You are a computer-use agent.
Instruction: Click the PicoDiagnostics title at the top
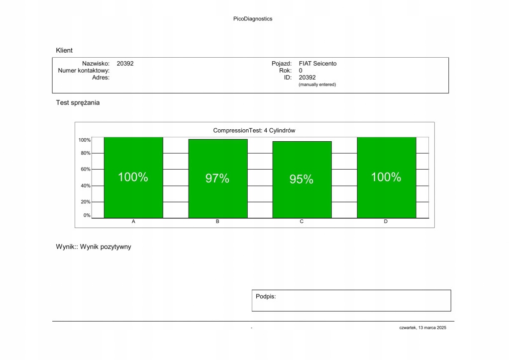tap(253, 19)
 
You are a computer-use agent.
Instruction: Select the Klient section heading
tap(64, 50)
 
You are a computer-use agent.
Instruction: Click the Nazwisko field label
tap(96, 64)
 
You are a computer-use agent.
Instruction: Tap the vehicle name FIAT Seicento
tap(317, 64)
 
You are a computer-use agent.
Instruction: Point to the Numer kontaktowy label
tap(84, 71)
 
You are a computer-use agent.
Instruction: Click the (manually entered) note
tap(317, 85)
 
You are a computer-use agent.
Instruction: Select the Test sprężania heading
tap(78, 103)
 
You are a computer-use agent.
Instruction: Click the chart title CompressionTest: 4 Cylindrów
tap(254, 130)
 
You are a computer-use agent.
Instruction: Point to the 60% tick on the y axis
tap(86, 170)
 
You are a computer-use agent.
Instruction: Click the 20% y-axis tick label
tap(86, 202)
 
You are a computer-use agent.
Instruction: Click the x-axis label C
tap(302, 222)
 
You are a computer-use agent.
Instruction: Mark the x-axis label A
tap(133, 222)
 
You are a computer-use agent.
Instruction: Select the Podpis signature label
tap(266, 296)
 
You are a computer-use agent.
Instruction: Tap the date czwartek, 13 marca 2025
tap(422, 328)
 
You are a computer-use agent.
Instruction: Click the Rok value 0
tap(301, 71)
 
